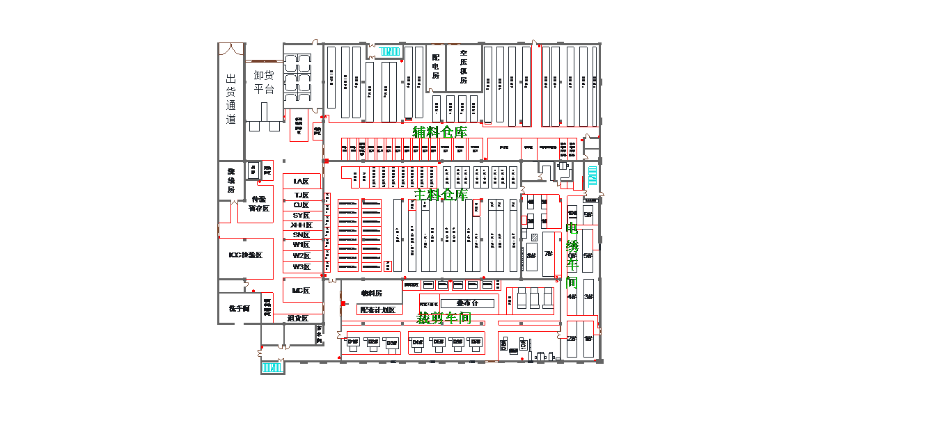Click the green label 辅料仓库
pos(439,132)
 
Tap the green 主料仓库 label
pos(441,195)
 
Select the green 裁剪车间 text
pos(444,319)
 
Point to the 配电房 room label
pos(436,66)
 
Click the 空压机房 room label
pos(464,66)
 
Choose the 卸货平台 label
pos(264,82)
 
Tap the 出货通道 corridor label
pos(231,99)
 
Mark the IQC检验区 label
pos(246,255)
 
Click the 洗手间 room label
pos(239,308)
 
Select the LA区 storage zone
pos(301,182)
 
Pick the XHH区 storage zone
pos(301,225)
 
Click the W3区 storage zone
pos(301,267)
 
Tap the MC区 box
pos(301,291)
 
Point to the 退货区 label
pos(297,319)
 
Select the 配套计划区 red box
pos(378,310)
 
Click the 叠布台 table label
pos(466,303)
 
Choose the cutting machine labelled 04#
pos(417,342)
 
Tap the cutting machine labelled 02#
pos(373,342)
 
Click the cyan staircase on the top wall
pos(390,51)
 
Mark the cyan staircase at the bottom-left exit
pos(271,367)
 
